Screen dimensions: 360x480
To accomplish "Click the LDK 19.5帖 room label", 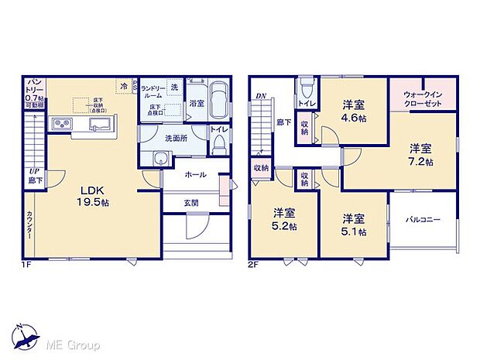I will (x=93, y=194).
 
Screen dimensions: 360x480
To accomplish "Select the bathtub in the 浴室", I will (x=218, y=101).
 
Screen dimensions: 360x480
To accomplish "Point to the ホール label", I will (x=195, y=175).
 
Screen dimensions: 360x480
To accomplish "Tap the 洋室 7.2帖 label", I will (x=421, y=155).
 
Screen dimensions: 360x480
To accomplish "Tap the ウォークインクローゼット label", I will (x=423, y=98).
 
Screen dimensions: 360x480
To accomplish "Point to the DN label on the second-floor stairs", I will (x=260, y=96).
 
